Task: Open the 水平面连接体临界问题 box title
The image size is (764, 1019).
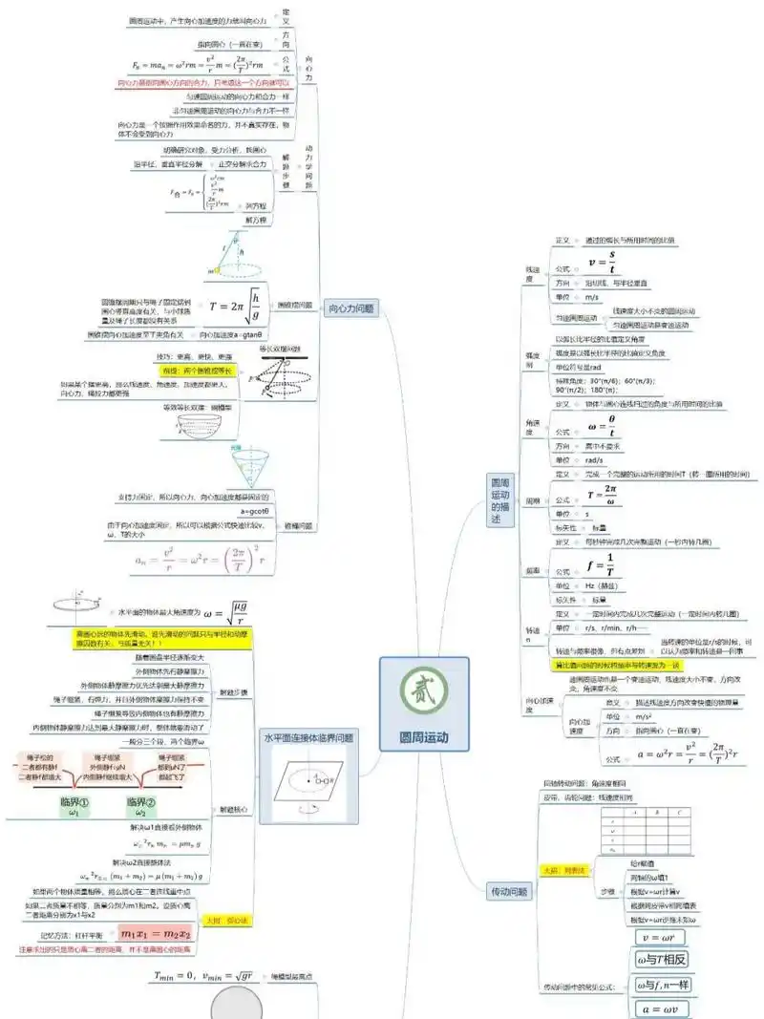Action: coord(308,737)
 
